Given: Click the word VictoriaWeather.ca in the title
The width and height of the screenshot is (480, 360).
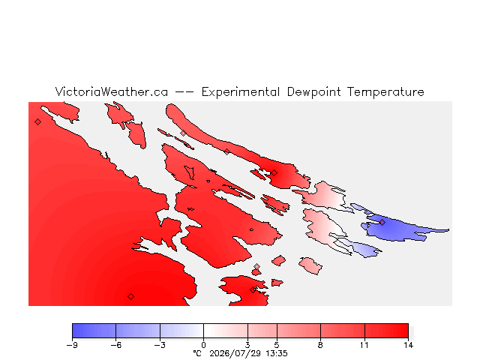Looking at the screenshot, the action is (112, 91).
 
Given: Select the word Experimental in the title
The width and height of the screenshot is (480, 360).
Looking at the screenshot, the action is (241, 92).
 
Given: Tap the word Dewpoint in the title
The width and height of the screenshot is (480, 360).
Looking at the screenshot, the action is (314, 92).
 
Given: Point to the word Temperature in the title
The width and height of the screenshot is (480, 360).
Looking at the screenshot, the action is (385, 92).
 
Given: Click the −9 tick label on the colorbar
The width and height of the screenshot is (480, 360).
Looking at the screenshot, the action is (72, 345).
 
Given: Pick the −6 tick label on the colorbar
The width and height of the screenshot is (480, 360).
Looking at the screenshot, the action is (116, 345).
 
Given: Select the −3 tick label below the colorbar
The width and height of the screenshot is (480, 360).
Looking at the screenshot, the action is (160, 345).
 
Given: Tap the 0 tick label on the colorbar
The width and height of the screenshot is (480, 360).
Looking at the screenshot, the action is (203, 345).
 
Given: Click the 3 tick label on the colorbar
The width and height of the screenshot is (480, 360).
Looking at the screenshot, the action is (247, 345).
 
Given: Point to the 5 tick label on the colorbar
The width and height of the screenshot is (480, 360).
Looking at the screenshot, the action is (277, 345).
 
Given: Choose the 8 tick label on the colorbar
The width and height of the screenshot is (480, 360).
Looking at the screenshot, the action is (320, 345).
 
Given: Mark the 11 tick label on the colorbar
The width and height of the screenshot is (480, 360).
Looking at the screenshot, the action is (364, 345).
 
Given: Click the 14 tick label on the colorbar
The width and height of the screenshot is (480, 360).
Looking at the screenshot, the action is (408, 345).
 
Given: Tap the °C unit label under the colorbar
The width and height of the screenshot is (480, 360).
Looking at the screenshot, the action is (197, 353).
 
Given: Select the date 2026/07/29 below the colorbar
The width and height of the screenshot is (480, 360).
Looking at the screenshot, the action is (235, 353).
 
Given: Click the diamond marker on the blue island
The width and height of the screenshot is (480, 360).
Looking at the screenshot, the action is (382, 222).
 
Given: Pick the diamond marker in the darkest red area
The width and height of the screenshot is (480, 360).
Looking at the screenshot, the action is (130, 296).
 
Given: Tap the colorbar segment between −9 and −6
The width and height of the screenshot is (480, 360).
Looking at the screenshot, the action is (94, 331).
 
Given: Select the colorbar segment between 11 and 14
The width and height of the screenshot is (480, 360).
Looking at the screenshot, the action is (386, 331).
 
